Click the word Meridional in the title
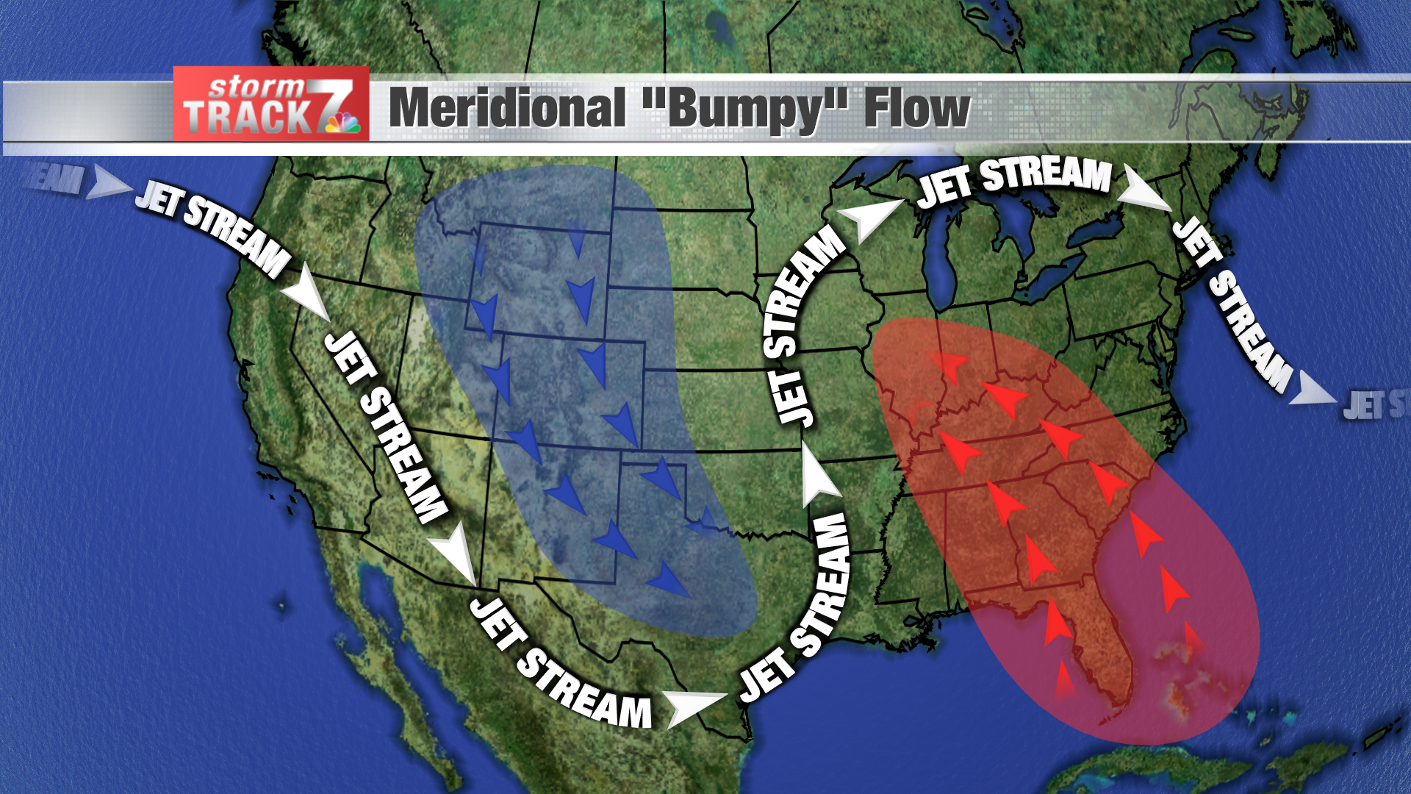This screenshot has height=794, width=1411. point(507,109)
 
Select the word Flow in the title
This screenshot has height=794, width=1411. point(916,109)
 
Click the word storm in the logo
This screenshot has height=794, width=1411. point(256,87)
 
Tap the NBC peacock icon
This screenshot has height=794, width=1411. point(344,123)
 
